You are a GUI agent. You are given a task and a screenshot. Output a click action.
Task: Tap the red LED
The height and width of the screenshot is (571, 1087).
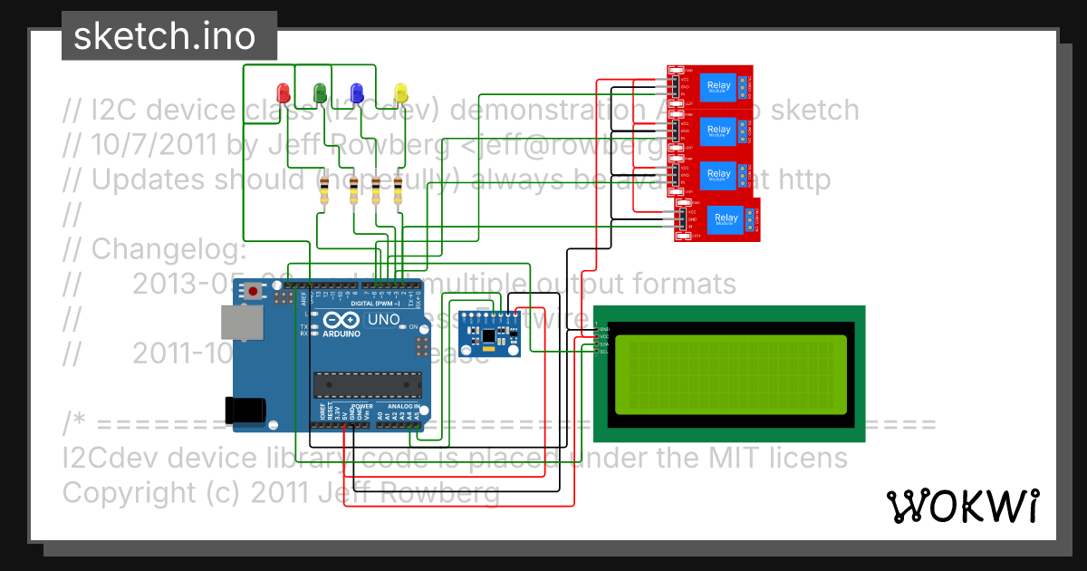(284, 92)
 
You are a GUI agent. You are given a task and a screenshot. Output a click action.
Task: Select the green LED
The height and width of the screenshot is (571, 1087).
(319, 92)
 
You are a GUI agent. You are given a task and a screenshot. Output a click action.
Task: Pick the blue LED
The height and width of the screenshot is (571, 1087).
(357, 92)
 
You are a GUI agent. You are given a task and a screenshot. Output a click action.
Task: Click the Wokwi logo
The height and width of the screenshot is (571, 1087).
(962, 506)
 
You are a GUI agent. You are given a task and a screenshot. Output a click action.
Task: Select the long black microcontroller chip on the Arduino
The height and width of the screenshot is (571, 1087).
(367, 384)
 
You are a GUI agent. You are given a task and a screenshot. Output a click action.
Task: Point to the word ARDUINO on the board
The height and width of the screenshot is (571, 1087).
(335, 334)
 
